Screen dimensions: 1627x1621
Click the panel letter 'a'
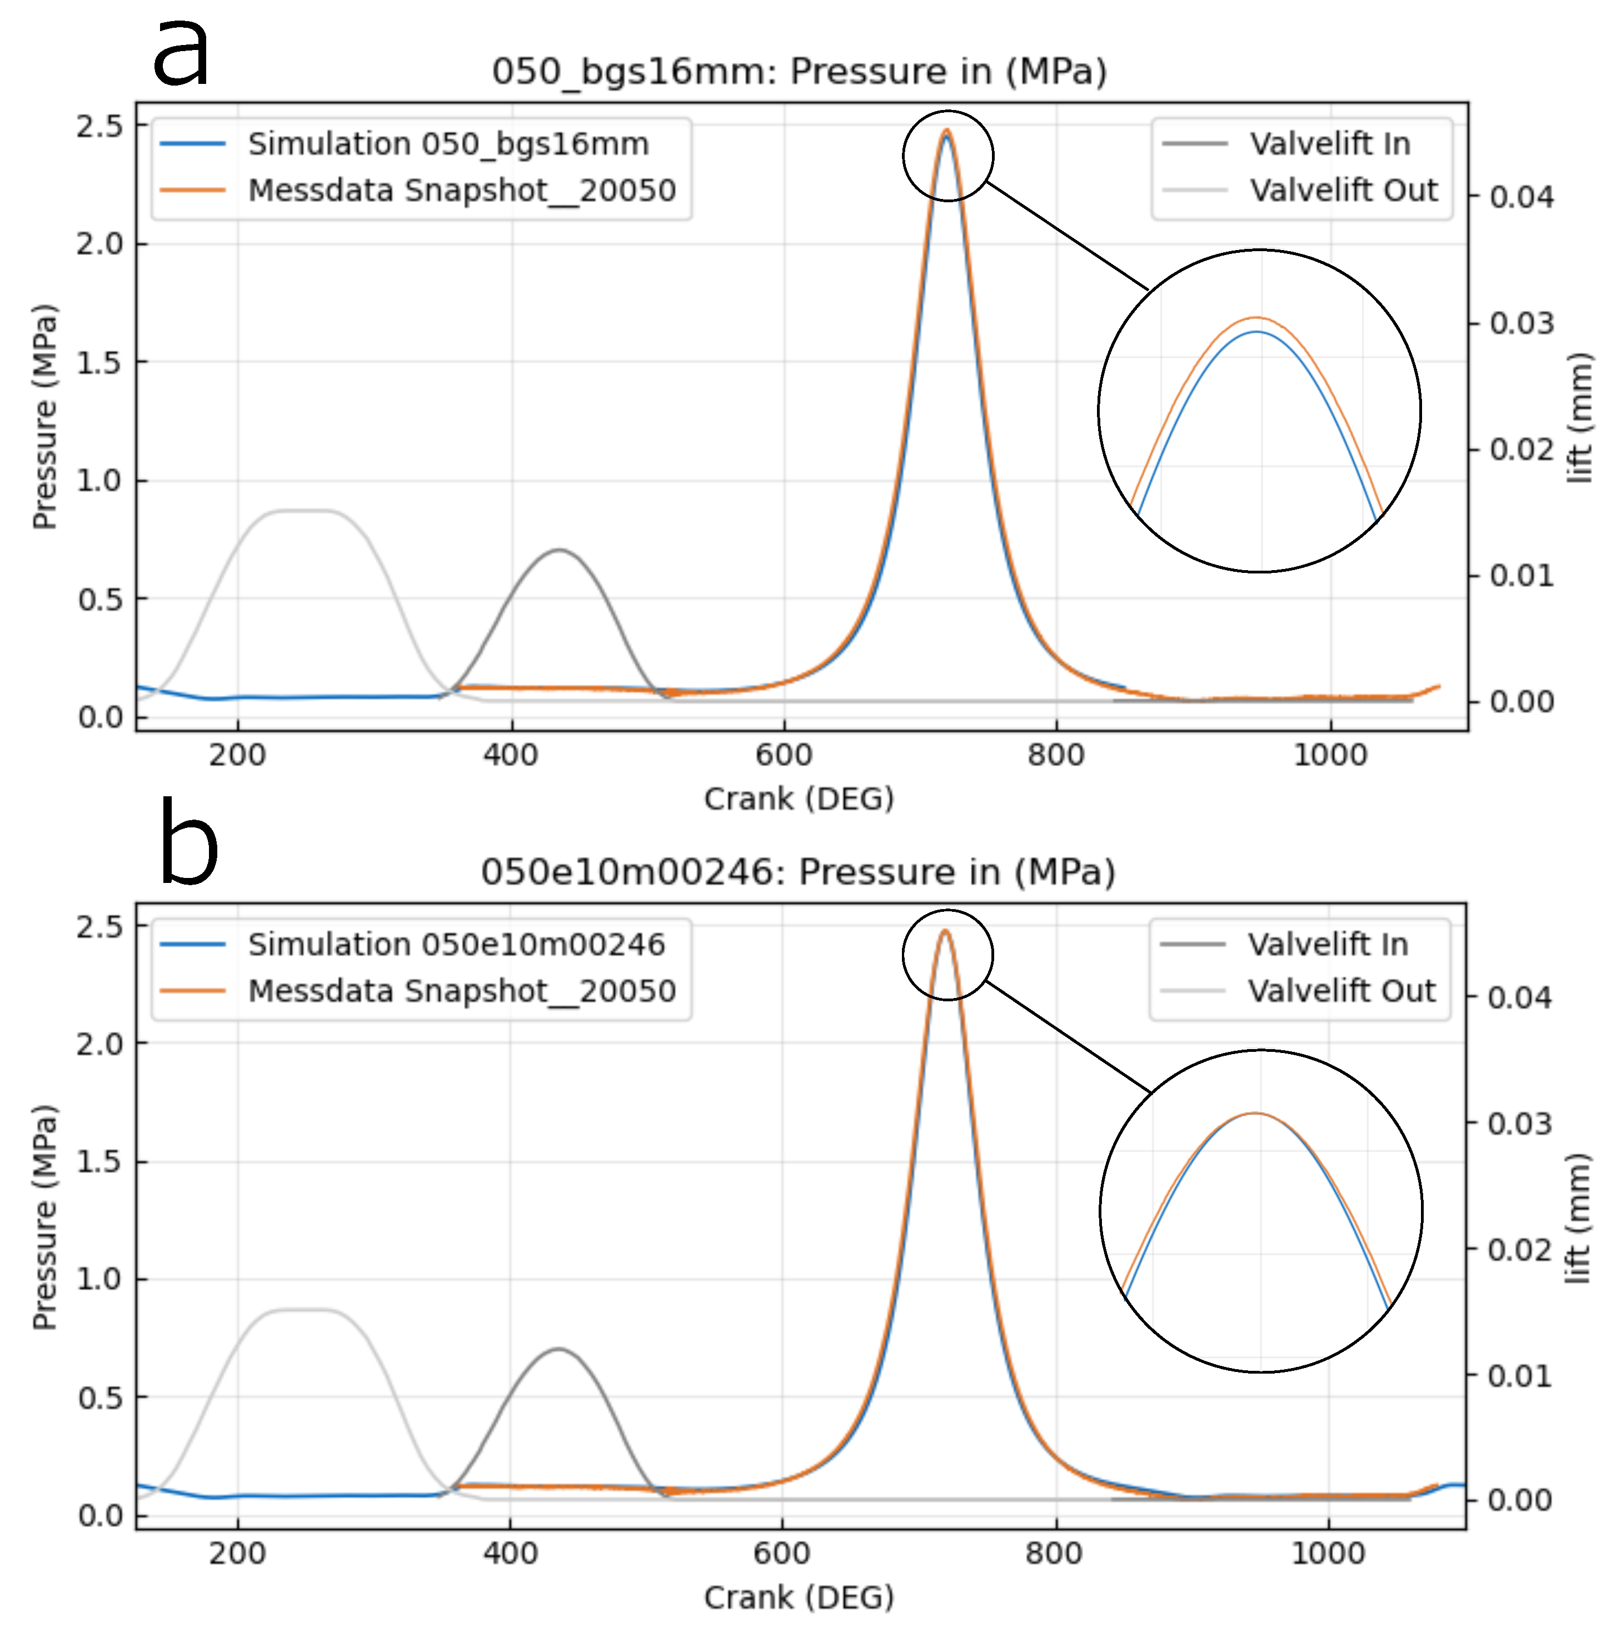coord(181,52)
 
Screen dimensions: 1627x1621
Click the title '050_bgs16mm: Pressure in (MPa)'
coord(799,72)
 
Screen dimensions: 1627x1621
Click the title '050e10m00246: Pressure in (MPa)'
coord(799,872)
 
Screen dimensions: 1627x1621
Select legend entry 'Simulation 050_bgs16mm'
coord(448,144)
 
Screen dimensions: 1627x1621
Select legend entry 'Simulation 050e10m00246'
coord(456,944)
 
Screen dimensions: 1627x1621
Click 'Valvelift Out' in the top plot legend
coord(1343,191)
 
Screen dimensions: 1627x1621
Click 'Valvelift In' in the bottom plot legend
coord(1327,944)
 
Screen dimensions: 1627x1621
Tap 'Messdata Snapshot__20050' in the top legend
coord(461,191)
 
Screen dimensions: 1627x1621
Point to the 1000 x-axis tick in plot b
coord(1328,1553)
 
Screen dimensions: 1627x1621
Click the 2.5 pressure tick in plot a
coord(99,126)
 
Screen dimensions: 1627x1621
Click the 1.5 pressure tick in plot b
coord(99,1161)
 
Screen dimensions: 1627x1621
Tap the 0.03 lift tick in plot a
coord(1521,323)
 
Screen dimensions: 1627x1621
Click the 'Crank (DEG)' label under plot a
coord(799,798)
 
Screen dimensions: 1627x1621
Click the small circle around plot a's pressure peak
coord(947,156)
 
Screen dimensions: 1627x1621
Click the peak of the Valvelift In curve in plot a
coord(559,550)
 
